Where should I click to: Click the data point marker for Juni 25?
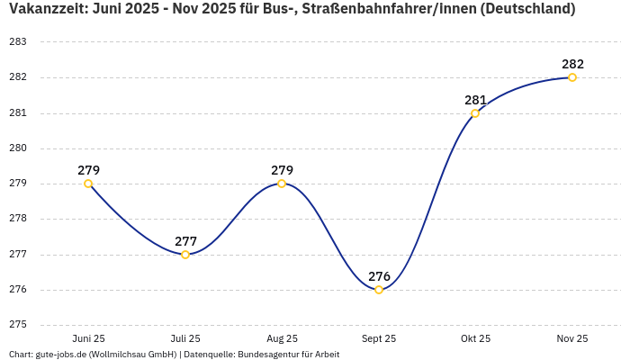click(x=88, y=184)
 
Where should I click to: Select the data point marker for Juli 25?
click(x=185, y=255)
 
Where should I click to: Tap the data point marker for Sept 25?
click(x=379, y=290)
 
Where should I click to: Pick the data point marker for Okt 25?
click(x=475, y=113)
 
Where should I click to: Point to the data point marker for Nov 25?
click(x=572, y=77)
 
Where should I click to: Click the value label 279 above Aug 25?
click(x=282, y=170)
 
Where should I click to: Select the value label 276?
click(x=379, y=276)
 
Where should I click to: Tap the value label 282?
click(x=572, y=64)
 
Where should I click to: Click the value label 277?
click(x=185, y=241)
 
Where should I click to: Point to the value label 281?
click(x=475, y=100)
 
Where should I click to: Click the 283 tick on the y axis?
click(x=17, y=42)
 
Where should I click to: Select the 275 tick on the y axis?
click(x=17, y=325)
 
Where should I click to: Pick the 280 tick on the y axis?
click(x=17, y=148)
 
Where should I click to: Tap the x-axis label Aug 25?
click(x=282, y=338)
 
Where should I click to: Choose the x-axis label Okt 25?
click(x=475, y=338)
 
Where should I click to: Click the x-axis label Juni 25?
click(x=88, y=338)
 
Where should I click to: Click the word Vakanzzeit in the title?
click(x=45, y=9)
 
